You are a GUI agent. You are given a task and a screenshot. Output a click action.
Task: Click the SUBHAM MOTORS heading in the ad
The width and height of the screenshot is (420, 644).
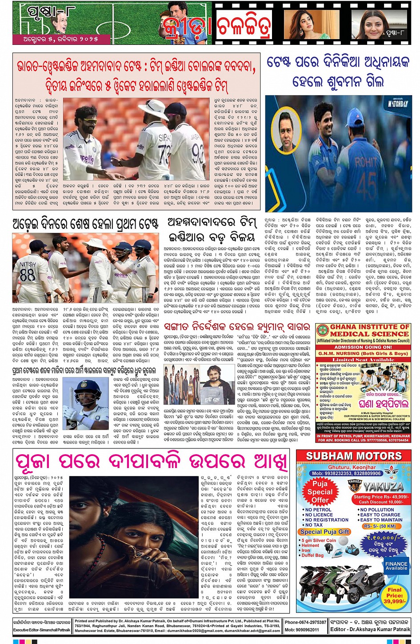[x=354, y=456]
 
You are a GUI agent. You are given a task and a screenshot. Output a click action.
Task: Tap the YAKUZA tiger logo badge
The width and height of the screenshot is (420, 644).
[x=355, y=483]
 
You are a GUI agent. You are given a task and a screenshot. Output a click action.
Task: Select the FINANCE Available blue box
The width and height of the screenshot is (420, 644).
[x=396, y=566]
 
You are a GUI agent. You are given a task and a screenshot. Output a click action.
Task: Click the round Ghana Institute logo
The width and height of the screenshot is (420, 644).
[x=322, y=331]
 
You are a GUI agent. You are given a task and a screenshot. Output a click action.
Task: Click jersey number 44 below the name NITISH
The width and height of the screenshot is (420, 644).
[x=27, y=275]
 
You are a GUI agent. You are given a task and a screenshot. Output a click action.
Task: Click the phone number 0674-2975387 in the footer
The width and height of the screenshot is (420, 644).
[x=306, y=622]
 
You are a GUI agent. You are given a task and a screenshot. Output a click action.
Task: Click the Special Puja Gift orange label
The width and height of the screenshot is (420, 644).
[x=325, y=532]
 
